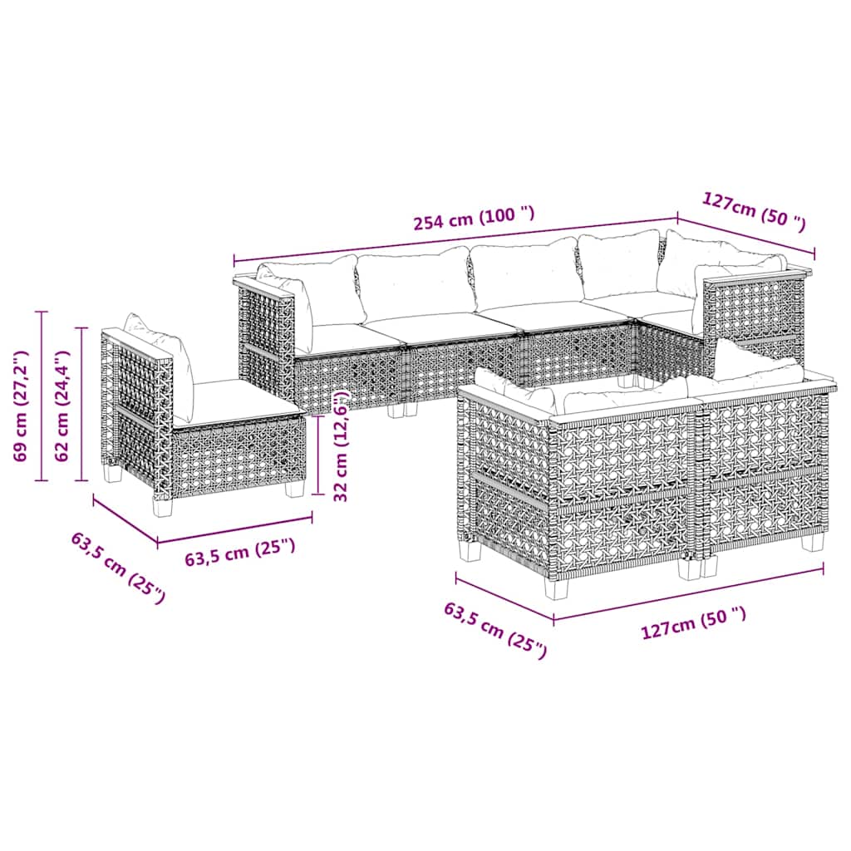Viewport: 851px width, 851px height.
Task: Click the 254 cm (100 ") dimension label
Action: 475,218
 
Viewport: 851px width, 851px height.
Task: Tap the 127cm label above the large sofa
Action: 754,211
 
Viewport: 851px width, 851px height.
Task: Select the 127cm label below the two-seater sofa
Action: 694,626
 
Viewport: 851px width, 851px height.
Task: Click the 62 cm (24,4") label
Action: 61,406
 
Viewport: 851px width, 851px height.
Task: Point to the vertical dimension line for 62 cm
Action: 81,404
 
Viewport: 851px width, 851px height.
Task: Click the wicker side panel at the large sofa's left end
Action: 265,342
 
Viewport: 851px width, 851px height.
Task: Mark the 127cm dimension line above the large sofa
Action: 745,237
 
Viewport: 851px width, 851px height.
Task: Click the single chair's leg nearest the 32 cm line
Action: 293,489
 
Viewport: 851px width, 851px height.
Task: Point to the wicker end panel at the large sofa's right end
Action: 751,316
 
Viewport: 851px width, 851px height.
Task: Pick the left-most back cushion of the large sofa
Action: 320,290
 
